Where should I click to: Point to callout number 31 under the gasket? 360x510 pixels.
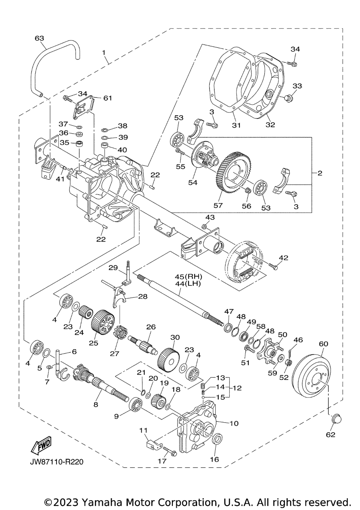[236, 125]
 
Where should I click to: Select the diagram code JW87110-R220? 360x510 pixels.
[53, 462]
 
